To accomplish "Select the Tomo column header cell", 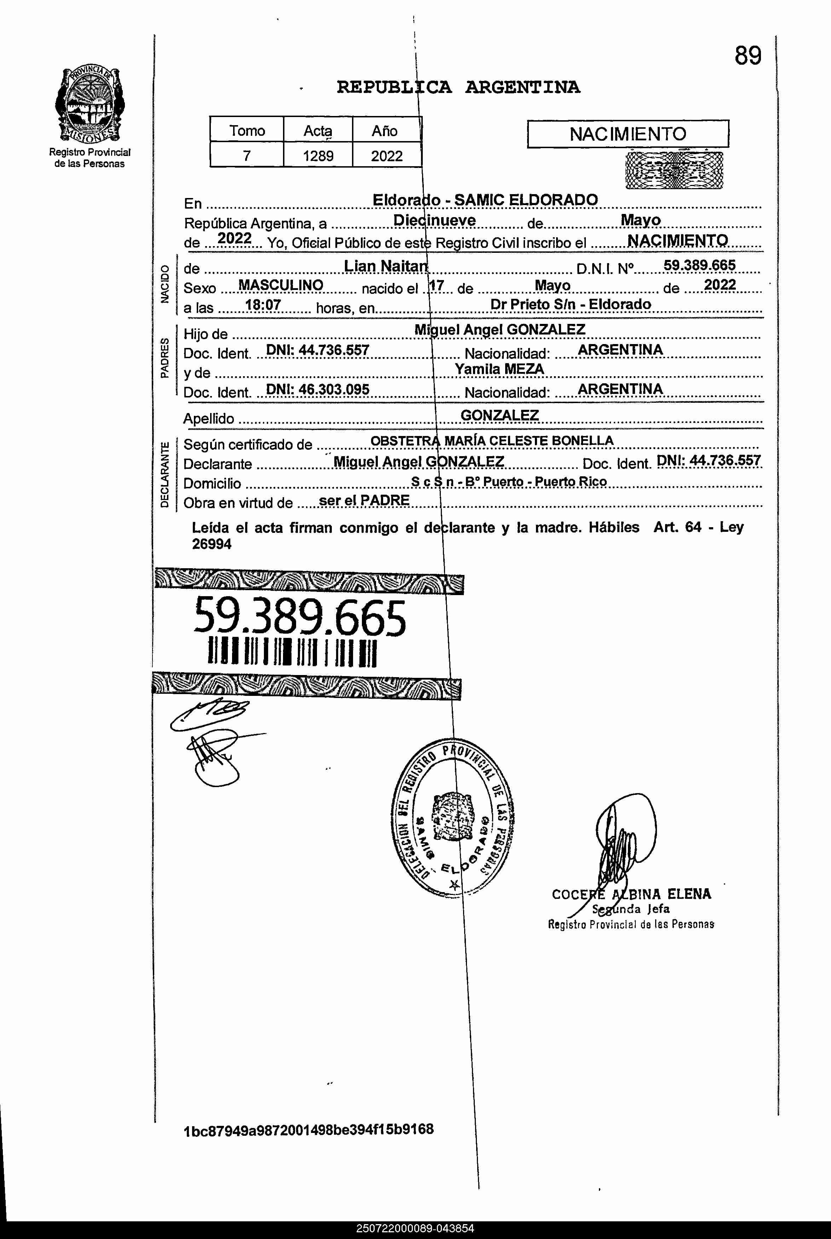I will [x=247, y=130].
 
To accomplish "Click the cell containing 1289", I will [x=318, y=156].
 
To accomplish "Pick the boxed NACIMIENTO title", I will [x=628, y=134].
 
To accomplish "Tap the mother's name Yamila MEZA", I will [x=499, y=369].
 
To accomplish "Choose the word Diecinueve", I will [x=434, y=220].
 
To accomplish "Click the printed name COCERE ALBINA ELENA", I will [x=631, y=895].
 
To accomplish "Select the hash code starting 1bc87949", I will [x=308, y=1130].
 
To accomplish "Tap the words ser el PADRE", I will [x=364, y=501].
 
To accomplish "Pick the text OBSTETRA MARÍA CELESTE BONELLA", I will [x=491, y=441].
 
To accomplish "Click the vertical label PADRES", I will [x=165, y=358].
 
